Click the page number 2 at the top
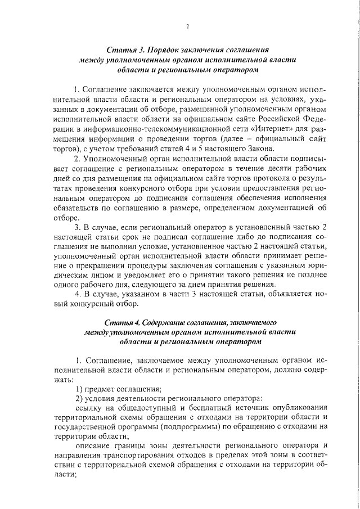187,26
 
